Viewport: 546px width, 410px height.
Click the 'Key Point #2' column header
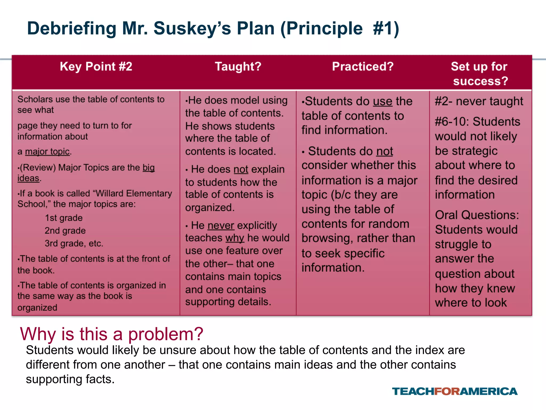point(96,66)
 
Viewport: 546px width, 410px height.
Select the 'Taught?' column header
point(238,66)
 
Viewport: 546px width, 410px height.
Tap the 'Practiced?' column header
point(363,66)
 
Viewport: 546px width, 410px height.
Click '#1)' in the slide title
point(386,28)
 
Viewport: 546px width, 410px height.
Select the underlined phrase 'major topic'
point(47,152)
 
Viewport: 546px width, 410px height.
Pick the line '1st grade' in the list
point(64,218)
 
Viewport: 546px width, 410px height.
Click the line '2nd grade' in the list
point(65,231)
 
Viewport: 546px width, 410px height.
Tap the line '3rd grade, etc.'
point(74,243)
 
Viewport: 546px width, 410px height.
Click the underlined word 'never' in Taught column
point(221,226)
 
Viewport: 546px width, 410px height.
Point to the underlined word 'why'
point(235,238)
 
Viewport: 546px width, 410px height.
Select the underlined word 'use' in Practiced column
point(383,101)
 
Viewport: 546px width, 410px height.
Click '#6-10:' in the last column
point(452,122)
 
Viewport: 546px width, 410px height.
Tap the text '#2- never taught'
point(479,101)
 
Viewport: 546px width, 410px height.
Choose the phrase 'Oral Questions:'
point(477,215)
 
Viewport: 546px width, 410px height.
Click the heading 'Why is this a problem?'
point(112,334)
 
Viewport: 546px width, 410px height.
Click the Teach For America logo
point(455,391)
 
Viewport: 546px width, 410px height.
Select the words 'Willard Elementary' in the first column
point(134,193)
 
